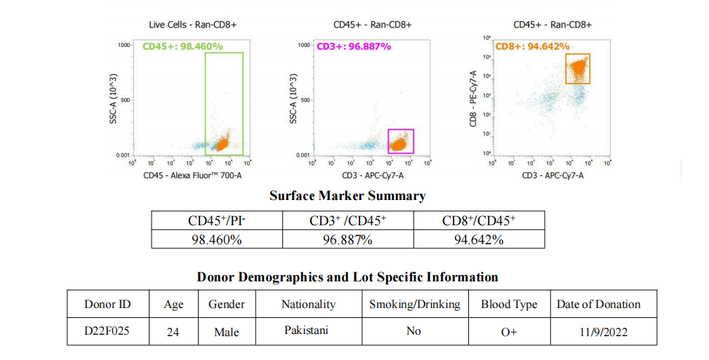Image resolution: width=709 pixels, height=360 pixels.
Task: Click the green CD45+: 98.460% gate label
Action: pyautogui.click(x=183, y=46)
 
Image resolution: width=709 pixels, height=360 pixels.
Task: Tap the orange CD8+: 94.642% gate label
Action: pyautogui.click(x=532, y=46)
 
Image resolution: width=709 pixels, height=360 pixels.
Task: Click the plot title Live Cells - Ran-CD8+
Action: pyautogui.click(x=193, y=25)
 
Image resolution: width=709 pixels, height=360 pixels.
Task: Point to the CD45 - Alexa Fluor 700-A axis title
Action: pyautogui.click(x=193, y=175)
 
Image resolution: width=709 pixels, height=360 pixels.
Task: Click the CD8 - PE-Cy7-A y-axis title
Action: pyautogui.click(x=475, y=98)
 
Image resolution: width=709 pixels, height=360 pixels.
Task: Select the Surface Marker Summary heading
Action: pyautogui.click(x=347, y=196)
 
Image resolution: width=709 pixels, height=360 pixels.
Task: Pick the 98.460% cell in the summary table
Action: pyautogui.click(x=216, y=239)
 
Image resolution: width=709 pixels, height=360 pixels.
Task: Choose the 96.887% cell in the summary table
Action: pyautogui.click(x=347, y=239)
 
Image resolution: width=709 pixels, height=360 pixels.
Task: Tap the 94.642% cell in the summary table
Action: pyautogui.click(x=479, y=239)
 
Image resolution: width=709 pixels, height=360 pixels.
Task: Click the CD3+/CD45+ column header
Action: pyautogui.click(x=347, y=221)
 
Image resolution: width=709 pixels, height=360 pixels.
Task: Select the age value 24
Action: pyautogui.click(x=173, y=331)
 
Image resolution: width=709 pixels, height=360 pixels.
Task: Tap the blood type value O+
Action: pyautogui.click(x=509, y=332)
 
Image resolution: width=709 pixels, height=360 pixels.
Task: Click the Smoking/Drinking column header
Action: pyautogui.click(x=414, y=304)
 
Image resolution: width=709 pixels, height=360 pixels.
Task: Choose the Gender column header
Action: pyautogui.click(x=227, y=304)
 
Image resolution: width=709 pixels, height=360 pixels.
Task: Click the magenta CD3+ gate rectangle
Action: pyautogui.click(x=401, y=141)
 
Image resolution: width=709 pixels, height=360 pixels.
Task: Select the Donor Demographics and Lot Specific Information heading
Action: pyautogui.click(x=347, y=276)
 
